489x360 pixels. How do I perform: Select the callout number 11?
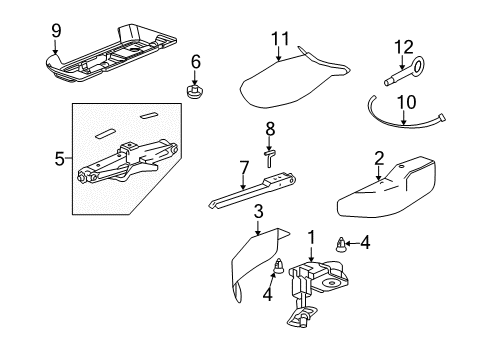click(x=279, y=39)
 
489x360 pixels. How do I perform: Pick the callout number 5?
click(x=59, y=158)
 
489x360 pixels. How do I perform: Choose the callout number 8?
click(x=269, y=129)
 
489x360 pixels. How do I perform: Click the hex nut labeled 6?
click(x=196, y=92)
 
